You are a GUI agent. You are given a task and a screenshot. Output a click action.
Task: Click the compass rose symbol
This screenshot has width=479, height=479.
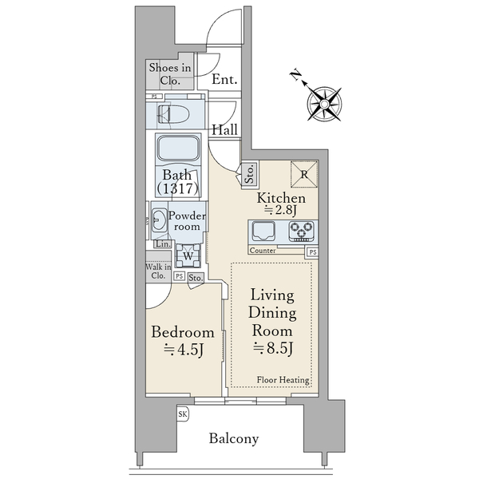324,104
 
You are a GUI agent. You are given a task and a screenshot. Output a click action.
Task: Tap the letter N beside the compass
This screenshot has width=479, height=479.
295,75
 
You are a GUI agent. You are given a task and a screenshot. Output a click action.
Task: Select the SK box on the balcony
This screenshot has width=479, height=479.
183,414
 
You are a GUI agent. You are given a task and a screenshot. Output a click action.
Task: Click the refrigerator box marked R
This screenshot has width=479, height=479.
304,174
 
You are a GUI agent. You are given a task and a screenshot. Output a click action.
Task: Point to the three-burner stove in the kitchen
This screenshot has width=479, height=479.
302,231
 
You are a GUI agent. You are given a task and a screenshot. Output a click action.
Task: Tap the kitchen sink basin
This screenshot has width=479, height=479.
263,231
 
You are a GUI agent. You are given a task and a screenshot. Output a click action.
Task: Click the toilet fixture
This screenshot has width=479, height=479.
173,114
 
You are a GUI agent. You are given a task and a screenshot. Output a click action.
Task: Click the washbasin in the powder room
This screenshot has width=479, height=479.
159,219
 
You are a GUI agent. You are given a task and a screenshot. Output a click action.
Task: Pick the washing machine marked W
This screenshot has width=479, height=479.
188,255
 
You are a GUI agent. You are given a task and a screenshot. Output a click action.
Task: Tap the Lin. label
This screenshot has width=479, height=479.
163,244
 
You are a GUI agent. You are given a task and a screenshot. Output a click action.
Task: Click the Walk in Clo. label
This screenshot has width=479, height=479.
158,271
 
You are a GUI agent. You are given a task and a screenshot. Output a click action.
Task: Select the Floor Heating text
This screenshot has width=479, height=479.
283,380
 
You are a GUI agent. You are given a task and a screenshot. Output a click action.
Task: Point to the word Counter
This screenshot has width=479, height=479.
263,251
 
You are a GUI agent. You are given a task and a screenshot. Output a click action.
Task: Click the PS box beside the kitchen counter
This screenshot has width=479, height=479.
312,252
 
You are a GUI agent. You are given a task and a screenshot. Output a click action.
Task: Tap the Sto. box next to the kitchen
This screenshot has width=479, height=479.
250,174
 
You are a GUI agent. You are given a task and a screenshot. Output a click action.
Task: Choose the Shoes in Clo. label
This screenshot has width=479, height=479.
170,74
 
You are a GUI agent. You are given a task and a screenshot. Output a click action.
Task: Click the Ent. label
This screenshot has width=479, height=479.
224,79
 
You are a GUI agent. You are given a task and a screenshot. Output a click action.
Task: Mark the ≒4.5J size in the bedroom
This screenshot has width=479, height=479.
184,350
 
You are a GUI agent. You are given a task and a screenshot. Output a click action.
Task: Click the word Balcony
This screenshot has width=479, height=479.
234,438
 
